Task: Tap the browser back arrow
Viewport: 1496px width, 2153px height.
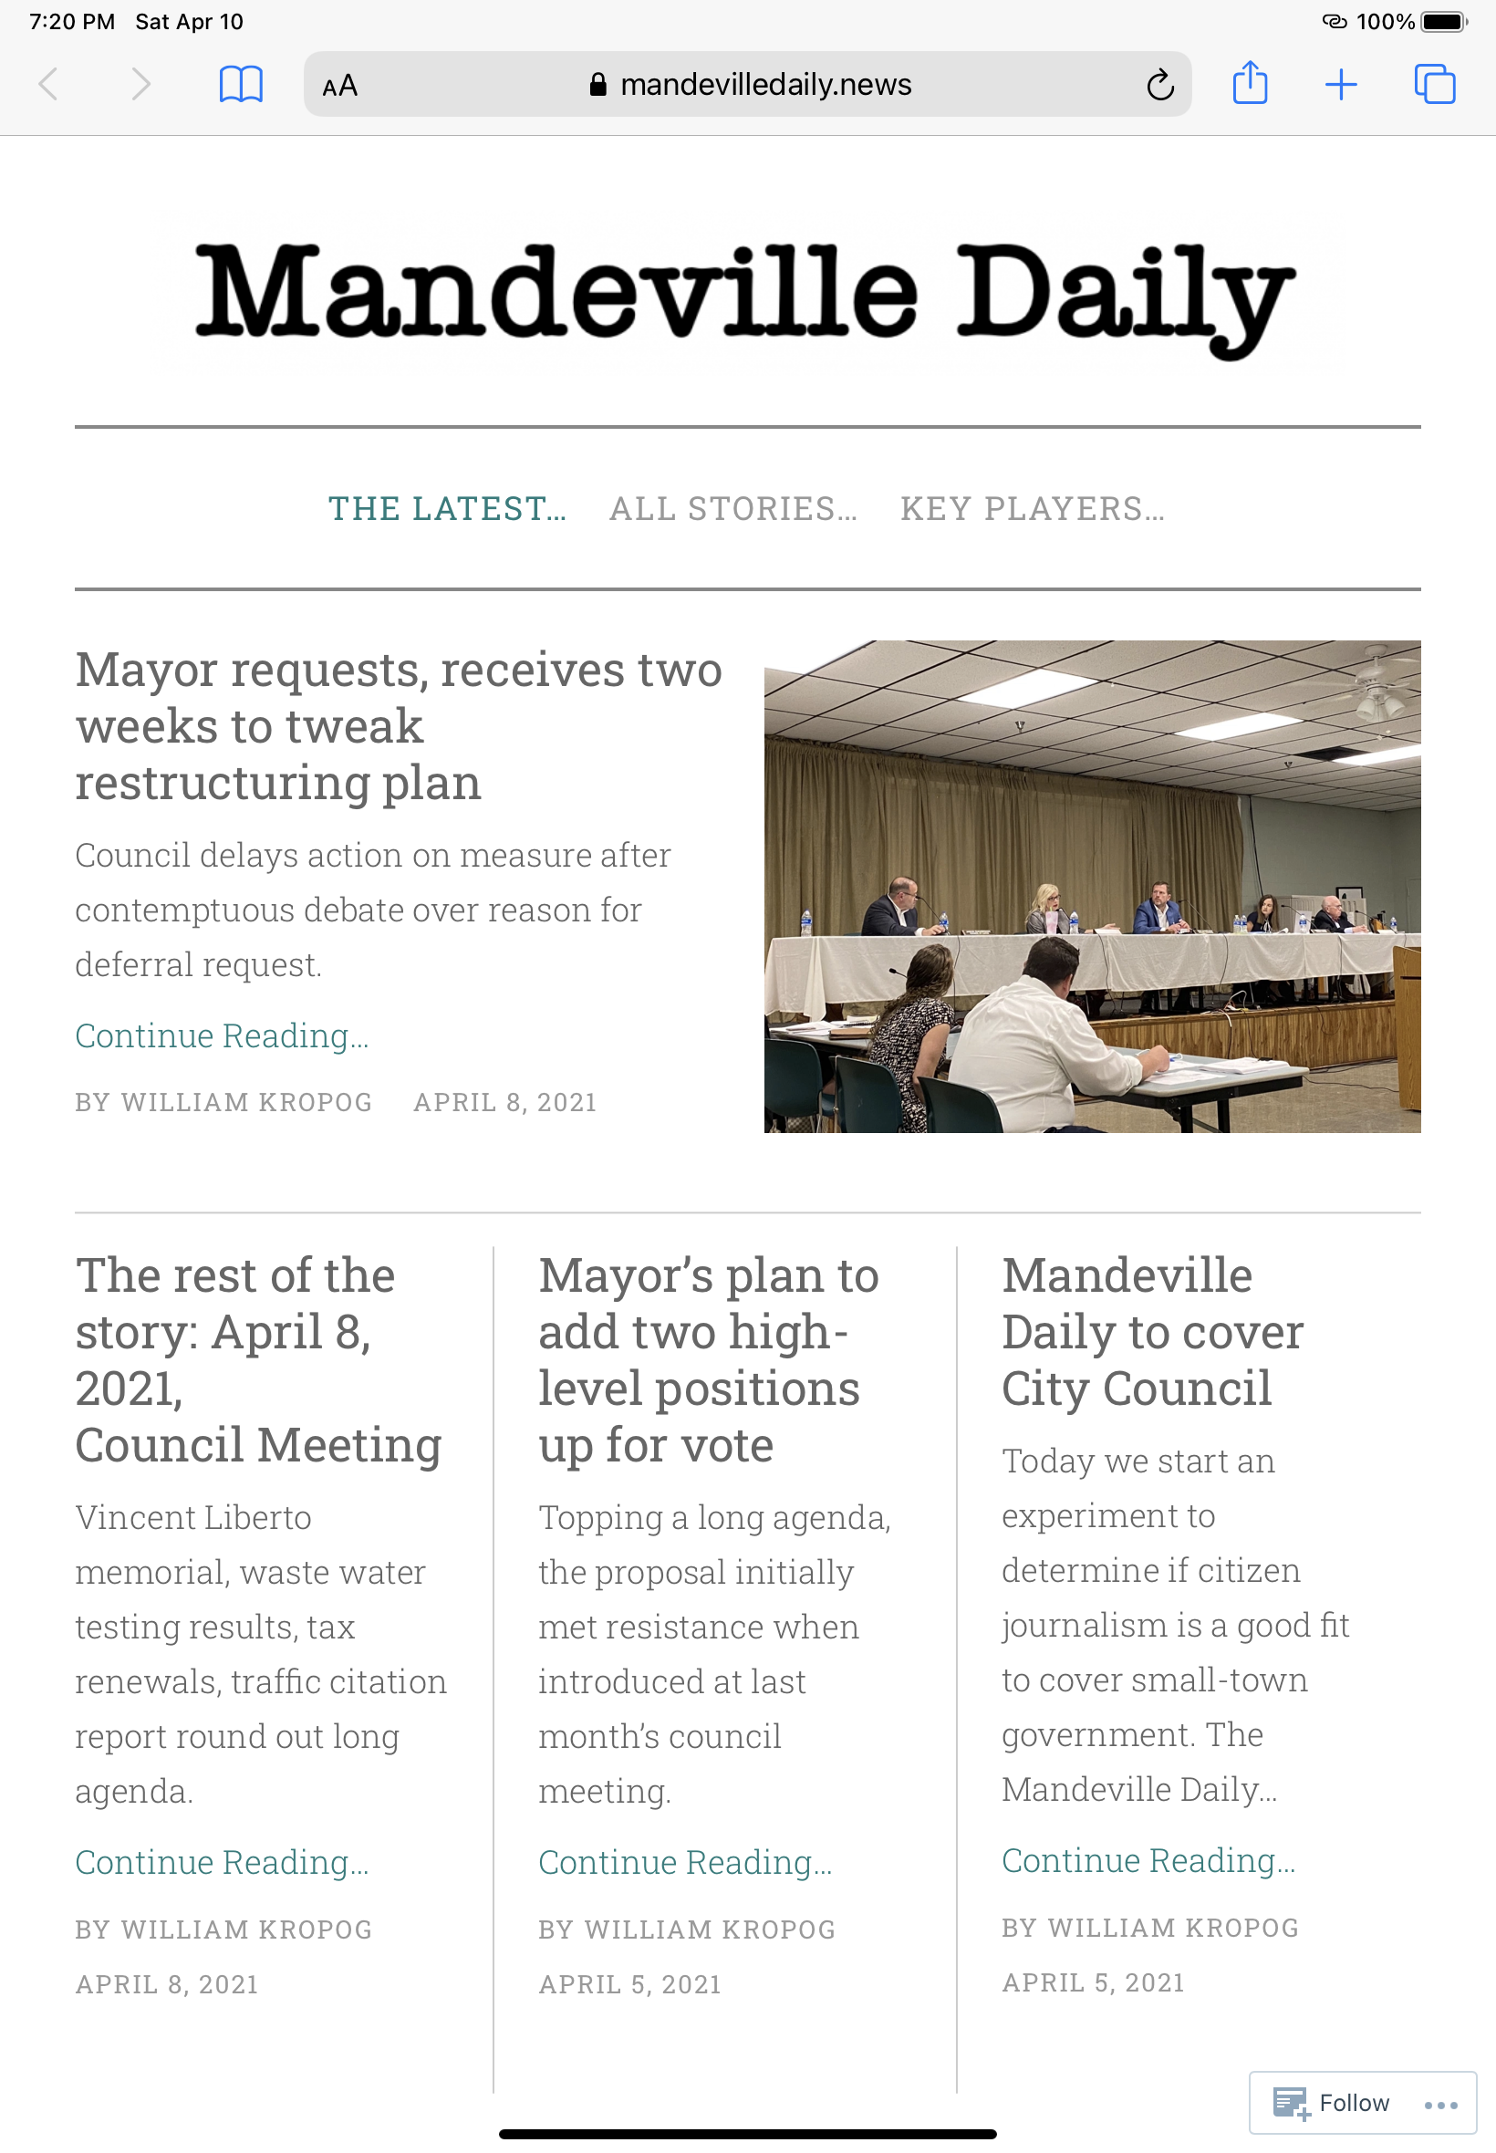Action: coord(48,84)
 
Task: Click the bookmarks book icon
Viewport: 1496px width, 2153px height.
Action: coord(240,84)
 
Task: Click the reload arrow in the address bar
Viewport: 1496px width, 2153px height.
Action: coord(1159,85)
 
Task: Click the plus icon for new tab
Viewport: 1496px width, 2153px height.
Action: coord(1340,84)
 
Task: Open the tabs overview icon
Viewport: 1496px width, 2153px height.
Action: coord(1434,84)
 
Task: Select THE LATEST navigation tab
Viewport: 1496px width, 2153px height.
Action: coord(447,508)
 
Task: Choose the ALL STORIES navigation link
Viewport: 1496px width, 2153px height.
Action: coord(733,508)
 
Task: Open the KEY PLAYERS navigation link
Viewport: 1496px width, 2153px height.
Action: coord(1032,508)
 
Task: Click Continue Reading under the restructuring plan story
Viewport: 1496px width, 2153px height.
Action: coord(223,1035)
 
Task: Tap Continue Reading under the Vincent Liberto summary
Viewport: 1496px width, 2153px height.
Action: coord(223,1862)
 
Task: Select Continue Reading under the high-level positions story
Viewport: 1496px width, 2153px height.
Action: coord(685,1862)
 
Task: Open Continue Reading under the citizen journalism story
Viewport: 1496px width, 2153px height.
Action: coord(1148,1860)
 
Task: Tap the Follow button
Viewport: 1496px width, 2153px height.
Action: coord(1332,2103)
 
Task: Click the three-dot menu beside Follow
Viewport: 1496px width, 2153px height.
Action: coord(1439,2105)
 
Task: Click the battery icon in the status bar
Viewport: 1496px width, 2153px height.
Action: coord(1442,22)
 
